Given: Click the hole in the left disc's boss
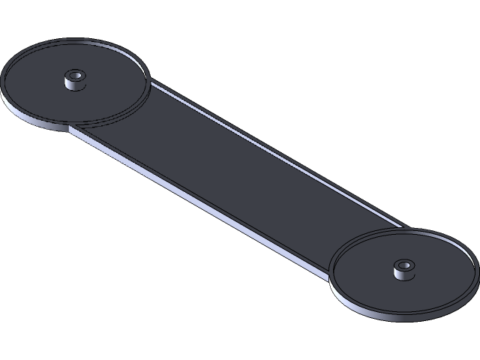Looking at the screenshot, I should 74,75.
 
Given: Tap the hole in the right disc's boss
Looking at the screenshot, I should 403,265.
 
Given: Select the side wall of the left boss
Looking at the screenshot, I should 73,84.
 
